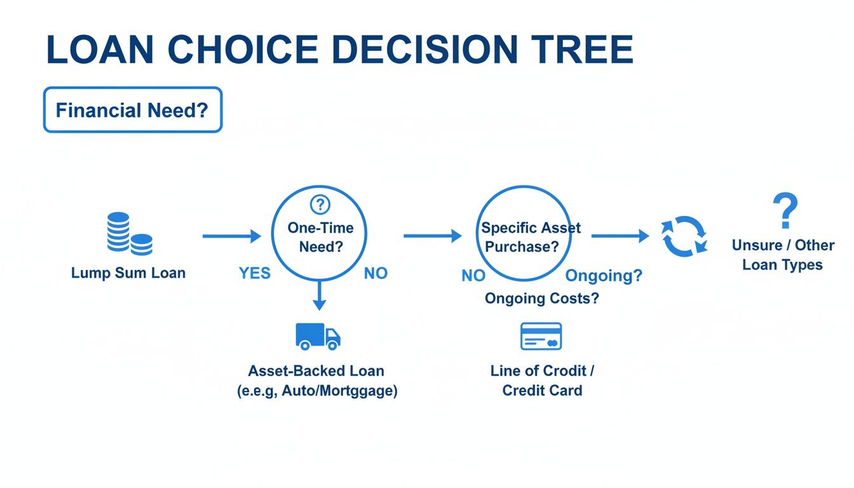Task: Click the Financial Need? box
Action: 132,110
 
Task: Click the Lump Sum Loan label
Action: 128,273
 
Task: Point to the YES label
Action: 255,273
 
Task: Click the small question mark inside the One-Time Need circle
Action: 320,205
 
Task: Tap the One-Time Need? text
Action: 320,237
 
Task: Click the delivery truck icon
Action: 318,335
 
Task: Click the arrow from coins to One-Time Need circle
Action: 231,236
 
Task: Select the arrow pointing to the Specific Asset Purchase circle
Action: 432,236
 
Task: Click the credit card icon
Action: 541,336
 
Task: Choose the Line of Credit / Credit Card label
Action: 542,380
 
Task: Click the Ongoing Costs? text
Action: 541,298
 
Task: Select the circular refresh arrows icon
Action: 684,236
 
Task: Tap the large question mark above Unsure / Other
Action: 785,212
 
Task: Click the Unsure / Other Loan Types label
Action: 783,255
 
